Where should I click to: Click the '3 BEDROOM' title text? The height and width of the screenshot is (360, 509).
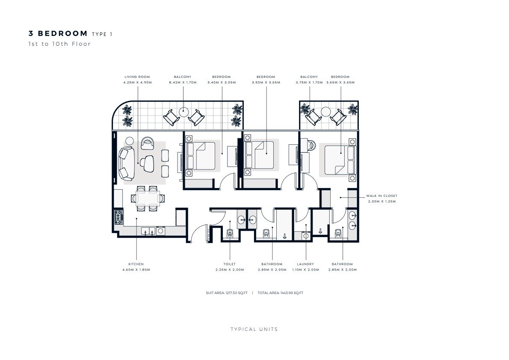click(x=58, y=33)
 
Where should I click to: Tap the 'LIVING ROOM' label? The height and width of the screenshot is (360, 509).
click(x=137, y=77)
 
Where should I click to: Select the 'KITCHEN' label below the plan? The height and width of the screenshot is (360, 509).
click(x=136, y=264)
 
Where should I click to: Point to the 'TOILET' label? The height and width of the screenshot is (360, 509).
click(x=230, y=264)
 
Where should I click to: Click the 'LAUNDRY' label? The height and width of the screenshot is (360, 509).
click(x=305, y=264)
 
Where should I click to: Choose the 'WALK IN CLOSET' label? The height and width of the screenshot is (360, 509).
click(x=382, y=196)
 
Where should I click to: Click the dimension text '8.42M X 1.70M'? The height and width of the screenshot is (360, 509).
click(x=183, y=83)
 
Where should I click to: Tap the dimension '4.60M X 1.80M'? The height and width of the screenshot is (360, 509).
click(x=136, y=270)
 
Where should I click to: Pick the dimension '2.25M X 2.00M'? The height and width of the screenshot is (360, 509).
click(x=230, y=270)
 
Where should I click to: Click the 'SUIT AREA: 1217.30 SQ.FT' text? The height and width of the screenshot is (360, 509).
click(x=227, y=293)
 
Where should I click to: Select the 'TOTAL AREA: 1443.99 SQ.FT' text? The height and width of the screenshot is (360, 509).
click(x=281, y=293)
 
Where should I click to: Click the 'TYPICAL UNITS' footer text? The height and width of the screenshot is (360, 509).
click(x=254, y=329)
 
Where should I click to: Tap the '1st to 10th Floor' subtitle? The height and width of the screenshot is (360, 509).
click(x=60, y=44)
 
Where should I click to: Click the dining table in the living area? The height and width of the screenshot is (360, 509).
click(x=148, y=198)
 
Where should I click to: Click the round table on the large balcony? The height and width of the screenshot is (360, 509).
click(x=184, y=112)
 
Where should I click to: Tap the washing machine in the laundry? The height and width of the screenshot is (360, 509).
click(x=306, y=235)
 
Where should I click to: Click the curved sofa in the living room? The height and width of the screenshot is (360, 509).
click(x=127, y=164)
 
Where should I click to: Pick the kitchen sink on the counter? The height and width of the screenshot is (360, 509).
click(x=148, y=231)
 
